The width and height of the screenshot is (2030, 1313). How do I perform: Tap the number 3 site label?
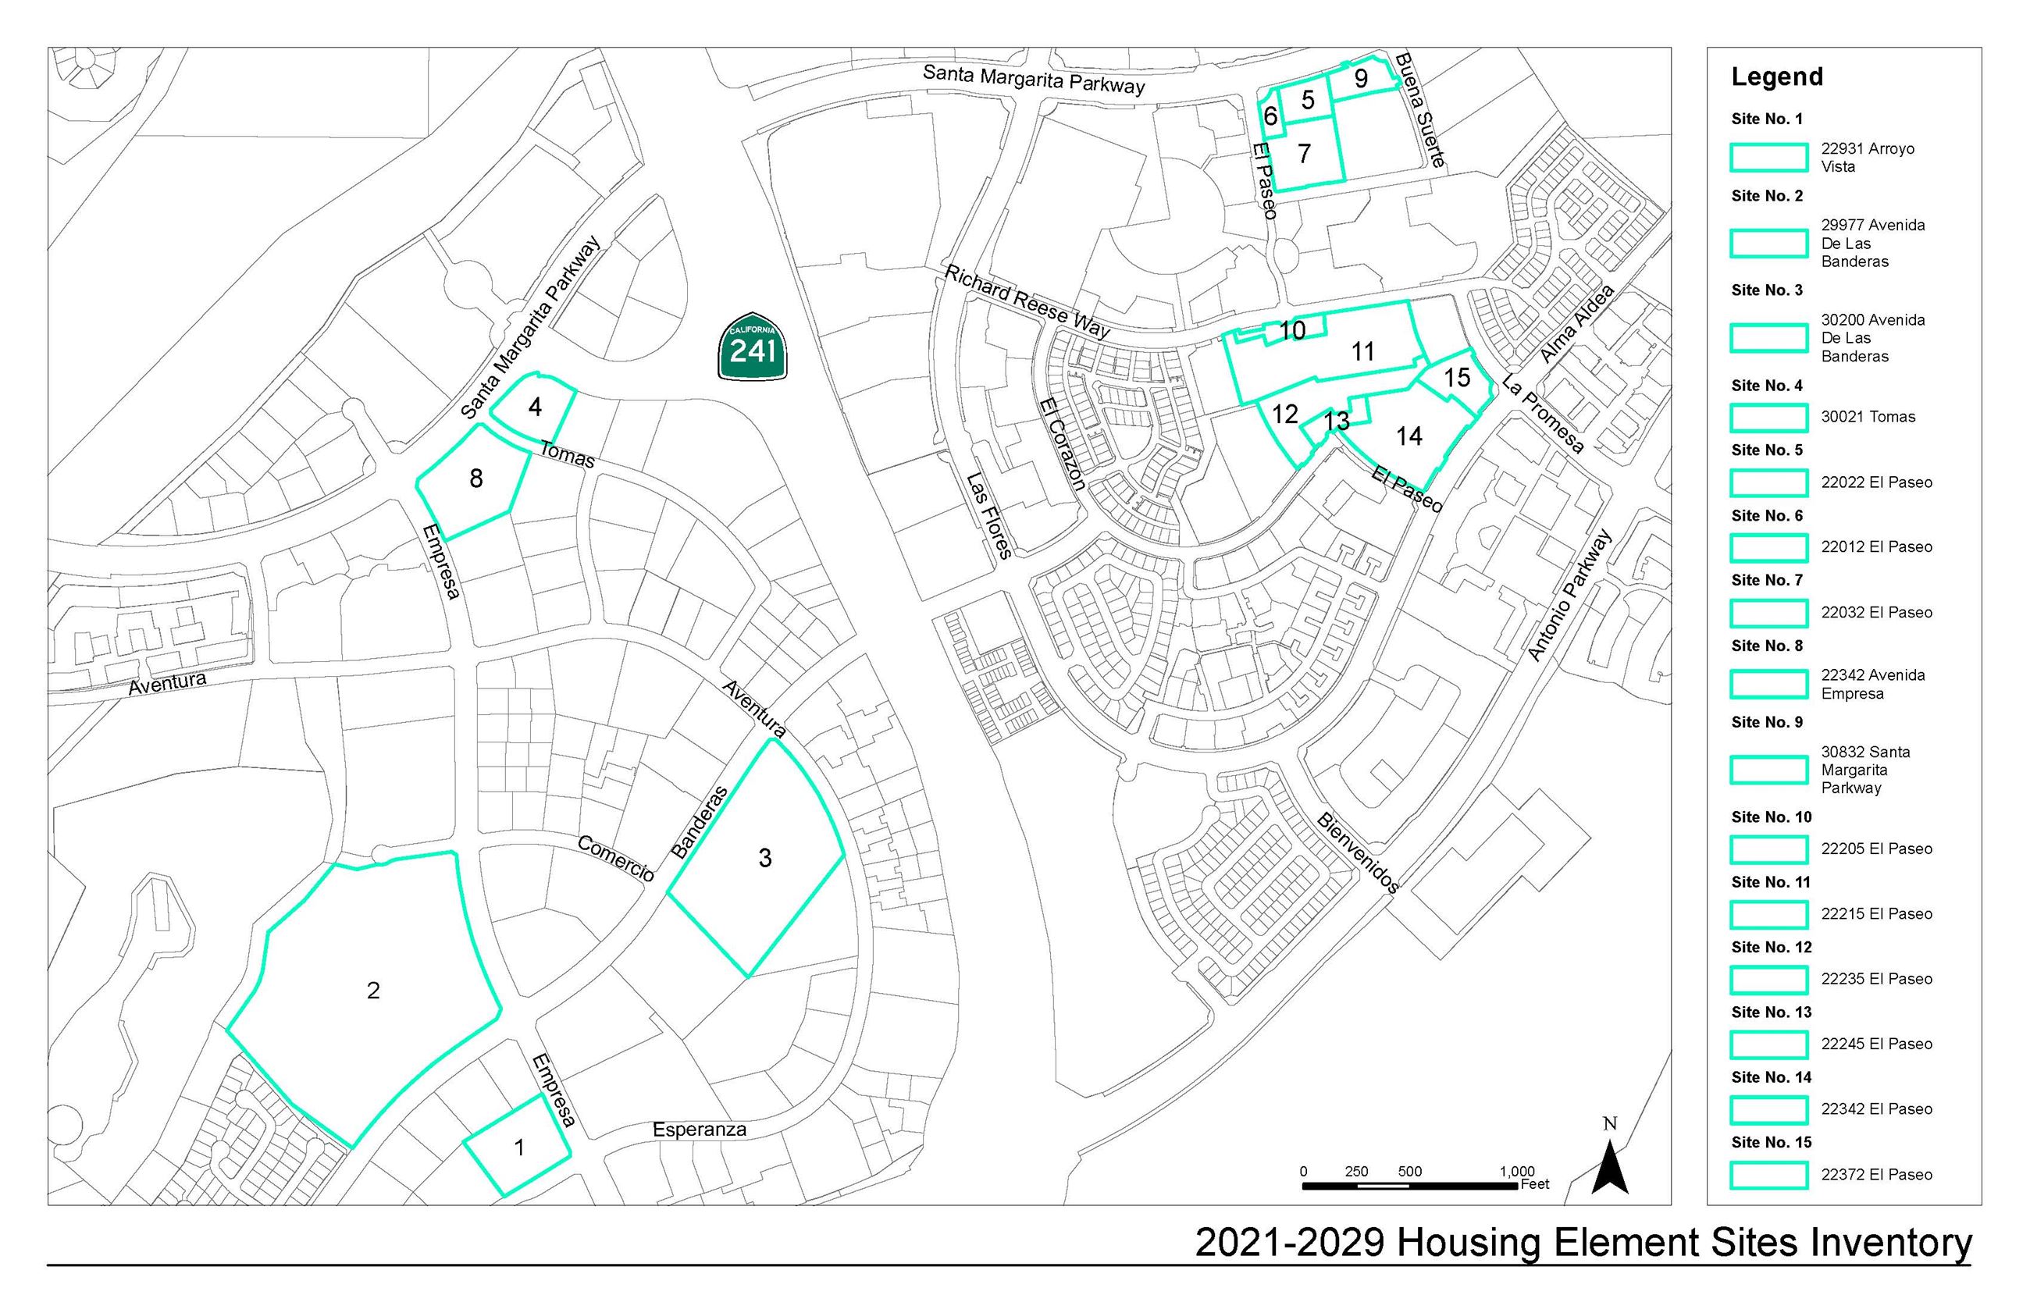click(x=765, y=858)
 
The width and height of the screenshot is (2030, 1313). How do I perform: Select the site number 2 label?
click(x=372, y=990)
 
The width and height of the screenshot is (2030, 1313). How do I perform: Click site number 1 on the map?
click(x=519, y=1148)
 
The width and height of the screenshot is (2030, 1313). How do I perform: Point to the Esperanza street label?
click(x=699, y=1130)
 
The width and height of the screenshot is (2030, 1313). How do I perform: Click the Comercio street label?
click(x=615, y=858)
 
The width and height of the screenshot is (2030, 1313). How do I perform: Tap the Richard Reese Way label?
click(x=1027, y=301)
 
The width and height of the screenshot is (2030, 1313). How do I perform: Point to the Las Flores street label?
click(x=989, y=517)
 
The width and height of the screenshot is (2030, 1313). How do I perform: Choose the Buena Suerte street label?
click(x=1419, y=109)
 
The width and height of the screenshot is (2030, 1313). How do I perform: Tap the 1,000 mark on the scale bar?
click(x=1517, y=1172)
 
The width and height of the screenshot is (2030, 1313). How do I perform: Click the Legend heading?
click(x=1777, y=77)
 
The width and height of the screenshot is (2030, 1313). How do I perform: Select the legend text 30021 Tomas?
click(x=1868, y=417)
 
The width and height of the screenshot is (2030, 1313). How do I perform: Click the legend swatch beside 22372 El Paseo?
click(x=1768, y=1175)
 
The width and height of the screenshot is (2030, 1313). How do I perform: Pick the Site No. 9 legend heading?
click(x=1767, y=722)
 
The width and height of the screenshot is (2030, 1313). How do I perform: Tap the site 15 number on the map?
click(x=1457, y=378)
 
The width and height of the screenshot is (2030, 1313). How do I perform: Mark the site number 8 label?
click(x=475, y=479)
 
